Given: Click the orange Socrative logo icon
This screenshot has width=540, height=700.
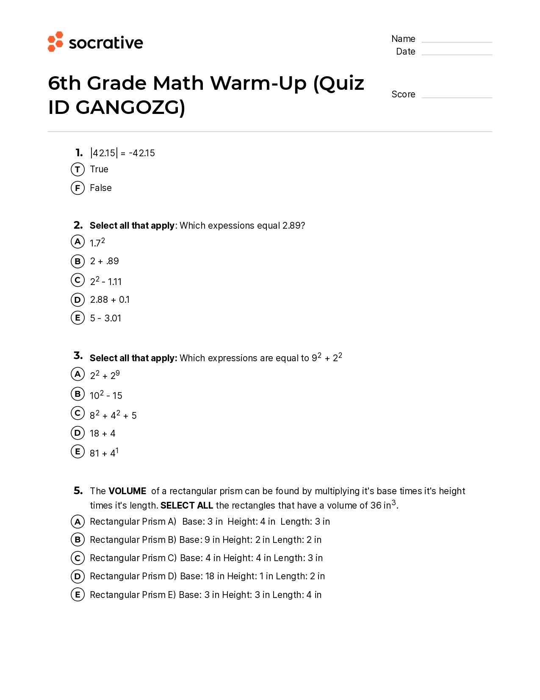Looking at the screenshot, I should tap(55, 42).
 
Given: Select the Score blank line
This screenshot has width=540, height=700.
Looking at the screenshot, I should tap(457, 97).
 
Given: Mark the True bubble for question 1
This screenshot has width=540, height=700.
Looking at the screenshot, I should tap(78, 169).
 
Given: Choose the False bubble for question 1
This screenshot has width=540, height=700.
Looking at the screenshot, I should tap(78, 188).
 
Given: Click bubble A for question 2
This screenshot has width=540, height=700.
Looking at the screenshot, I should tap(78, 242).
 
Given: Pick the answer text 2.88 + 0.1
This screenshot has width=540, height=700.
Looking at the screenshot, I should tap(110, 300).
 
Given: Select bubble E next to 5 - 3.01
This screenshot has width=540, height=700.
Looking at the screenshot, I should tap(78, 318).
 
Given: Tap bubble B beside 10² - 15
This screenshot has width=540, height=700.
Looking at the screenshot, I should tap(78, 394).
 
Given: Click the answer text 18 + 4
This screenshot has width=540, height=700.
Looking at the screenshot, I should tap(102, 433).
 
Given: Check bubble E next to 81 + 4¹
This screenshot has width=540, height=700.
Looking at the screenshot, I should tap(78, 451).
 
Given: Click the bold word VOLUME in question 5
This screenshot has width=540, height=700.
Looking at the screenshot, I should tap(127, 491).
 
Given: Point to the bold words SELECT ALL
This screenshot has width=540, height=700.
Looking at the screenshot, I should tap(186, 505).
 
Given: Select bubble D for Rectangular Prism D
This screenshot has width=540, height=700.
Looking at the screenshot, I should tap(78, 576).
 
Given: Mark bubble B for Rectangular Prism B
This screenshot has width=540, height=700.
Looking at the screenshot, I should tap(78, 540).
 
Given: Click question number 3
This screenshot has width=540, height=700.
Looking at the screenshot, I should tap(78, 355).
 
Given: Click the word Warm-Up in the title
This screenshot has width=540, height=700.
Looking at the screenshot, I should tap(258, 83).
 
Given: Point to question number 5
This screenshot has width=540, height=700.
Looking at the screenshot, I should tap(78, 490).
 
